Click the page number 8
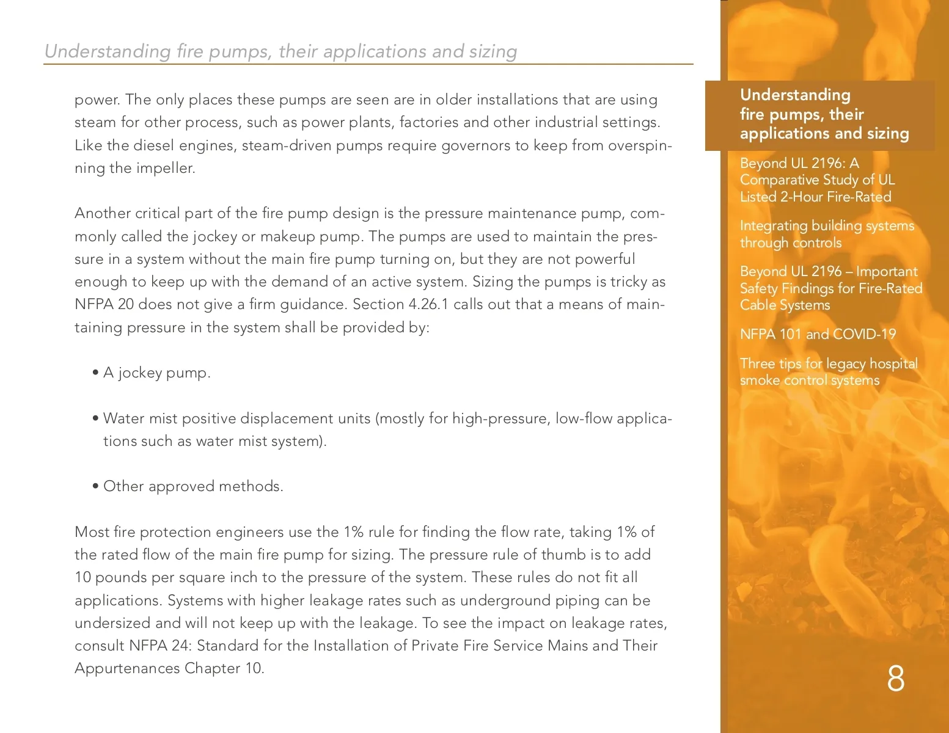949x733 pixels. point(895,679)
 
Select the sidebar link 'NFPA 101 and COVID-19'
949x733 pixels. point(817,334)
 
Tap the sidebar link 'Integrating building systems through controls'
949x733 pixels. point(826,234)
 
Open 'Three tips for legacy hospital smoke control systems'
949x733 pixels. point(828,371)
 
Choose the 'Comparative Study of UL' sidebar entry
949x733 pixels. point(816,180)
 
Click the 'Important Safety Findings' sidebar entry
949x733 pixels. point(830,288)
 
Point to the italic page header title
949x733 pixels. point(280,51)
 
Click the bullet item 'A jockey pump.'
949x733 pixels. point(156,373)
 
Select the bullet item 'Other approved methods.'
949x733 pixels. point(193,486)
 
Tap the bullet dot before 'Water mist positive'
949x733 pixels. point(96,419)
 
